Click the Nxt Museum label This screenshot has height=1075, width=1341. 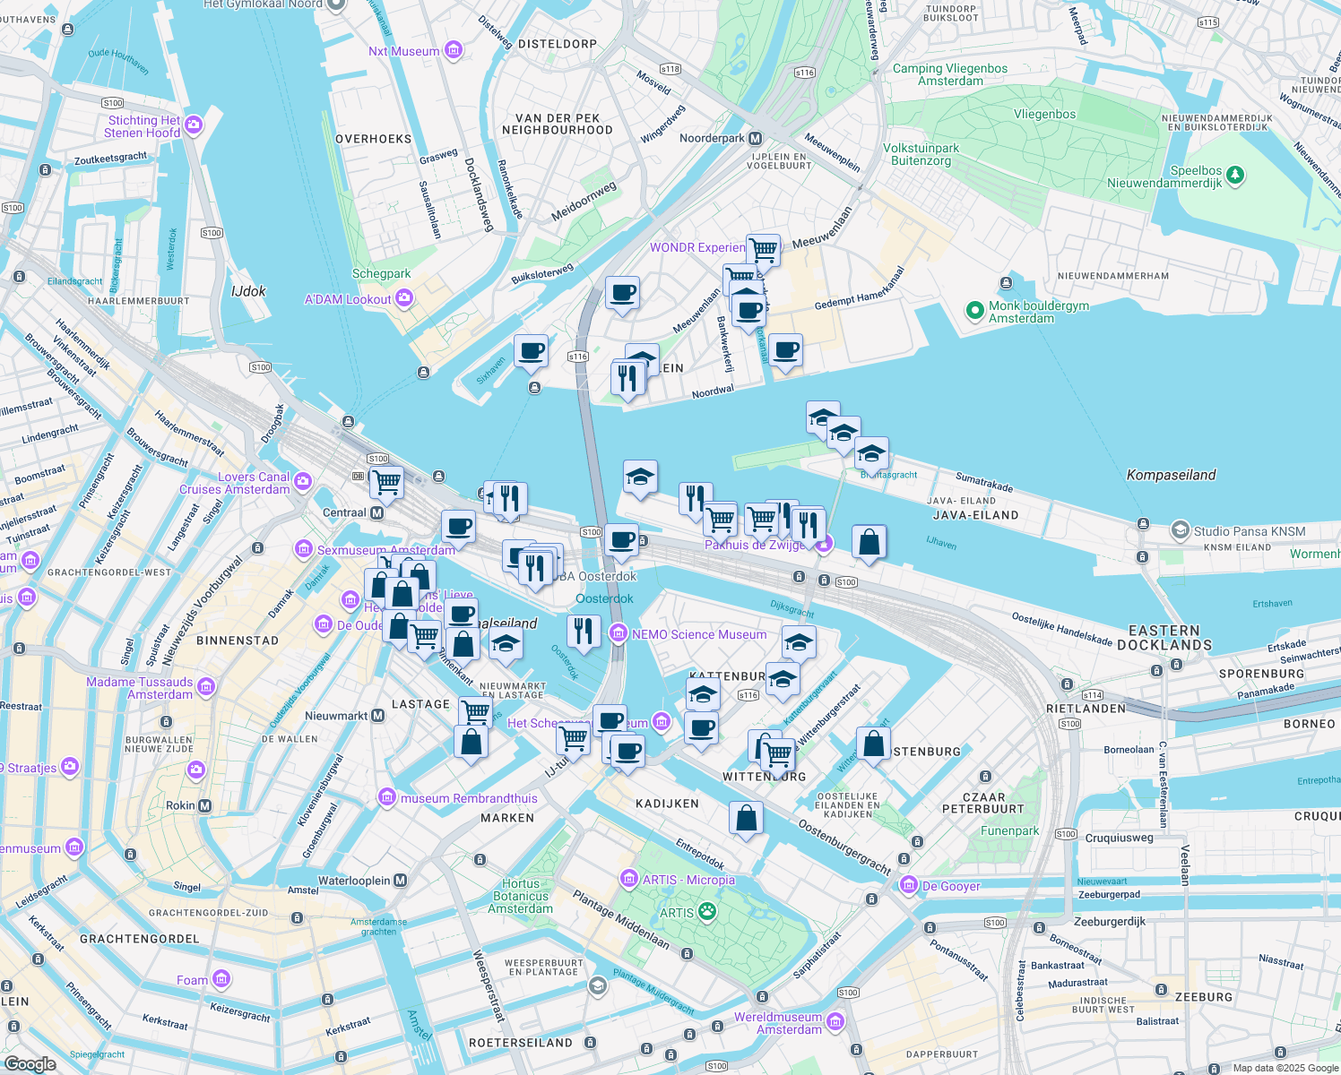(x=403, y=51)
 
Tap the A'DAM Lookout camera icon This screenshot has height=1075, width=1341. (x=404, y=298)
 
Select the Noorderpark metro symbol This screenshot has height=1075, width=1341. (x=756, y=139)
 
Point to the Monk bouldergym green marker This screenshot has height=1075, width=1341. (x=974, y=311)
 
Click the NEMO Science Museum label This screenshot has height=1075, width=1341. (x=699, y=634)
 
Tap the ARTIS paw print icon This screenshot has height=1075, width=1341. (x=707, y=912)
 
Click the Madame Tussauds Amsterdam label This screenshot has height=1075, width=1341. (x=140, y=688)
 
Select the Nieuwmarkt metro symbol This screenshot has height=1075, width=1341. (x=377, y=716)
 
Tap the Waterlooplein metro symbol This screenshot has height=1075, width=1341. (x=400, y=881)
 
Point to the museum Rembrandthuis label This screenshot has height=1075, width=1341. (x=469, y=798)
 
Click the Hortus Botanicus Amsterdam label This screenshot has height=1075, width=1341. (x=521, y=896)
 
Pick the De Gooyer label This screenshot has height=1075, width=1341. (x=951, y=886)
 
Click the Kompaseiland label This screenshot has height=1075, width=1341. (x=1171, y=475)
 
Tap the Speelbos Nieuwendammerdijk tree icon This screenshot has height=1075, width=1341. (x=1235, y=175)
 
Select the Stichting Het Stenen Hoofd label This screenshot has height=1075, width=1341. (x=143, y=126)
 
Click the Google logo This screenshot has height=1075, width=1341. (x=30, y=1064)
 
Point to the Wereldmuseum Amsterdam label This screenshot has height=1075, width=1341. (x=778, y=1023)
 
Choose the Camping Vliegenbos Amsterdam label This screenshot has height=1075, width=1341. (x=950, y=74)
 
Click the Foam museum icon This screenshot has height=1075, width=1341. (x=221, y=979)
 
